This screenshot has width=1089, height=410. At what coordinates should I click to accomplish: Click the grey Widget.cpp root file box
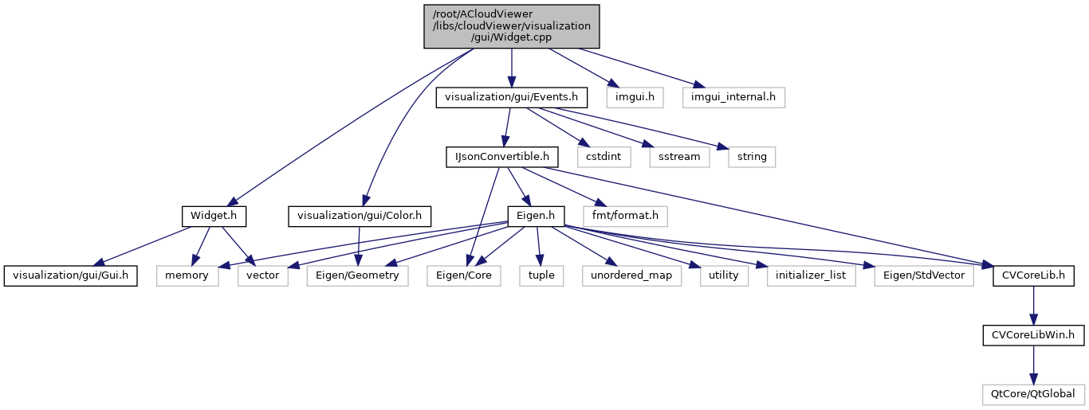[511, 26]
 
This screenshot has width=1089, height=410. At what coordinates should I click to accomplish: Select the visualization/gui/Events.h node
[512, 97]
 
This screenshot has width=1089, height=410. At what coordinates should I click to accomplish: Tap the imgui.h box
[630, 97]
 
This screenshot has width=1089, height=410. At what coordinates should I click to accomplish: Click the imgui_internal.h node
[733, 97]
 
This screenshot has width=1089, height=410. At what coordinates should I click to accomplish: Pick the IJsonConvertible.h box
[502, 157]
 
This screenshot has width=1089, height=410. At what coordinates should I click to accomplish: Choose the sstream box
[679, 157]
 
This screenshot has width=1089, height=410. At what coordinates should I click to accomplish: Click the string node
[752, 157]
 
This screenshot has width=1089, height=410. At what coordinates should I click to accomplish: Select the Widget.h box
[214, 216]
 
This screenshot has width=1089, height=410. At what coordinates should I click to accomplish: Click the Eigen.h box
[537, 216]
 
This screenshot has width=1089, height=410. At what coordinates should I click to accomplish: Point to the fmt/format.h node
[626, 216]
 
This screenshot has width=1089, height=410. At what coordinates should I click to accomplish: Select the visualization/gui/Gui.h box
[71, 275]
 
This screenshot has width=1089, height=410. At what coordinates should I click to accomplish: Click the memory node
[187, 275]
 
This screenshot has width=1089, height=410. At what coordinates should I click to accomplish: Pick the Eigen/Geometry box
[357, 275]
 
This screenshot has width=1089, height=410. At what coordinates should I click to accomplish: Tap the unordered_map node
[631, 275]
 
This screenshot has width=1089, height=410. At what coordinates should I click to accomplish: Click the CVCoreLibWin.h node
[1033, 335]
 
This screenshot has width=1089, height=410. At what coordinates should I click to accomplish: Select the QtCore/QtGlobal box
[1033, 394]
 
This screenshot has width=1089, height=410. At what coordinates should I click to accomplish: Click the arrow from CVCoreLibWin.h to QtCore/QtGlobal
[1033, 365]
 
